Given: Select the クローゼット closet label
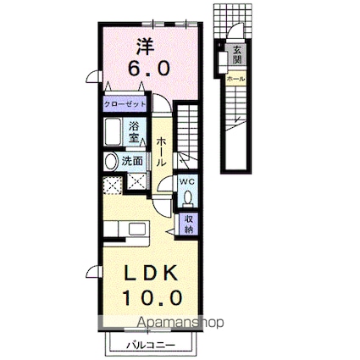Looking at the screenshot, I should [x=125, y=104].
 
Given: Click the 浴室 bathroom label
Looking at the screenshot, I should [x=136, y=130].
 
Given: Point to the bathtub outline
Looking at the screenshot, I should [x=114, y=133].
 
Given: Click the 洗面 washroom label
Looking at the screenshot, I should [x=131, y=159].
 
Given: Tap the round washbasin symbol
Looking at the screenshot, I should [x=110, y=160].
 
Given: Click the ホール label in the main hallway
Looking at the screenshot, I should [x=161, y=150].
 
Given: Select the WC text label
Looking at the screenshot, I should [x=187, y=181].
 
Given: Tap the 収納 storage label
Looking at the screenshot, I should [x=187, y=224].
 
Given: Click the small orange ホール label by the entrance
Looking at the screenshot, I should [x=235, y=79].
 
